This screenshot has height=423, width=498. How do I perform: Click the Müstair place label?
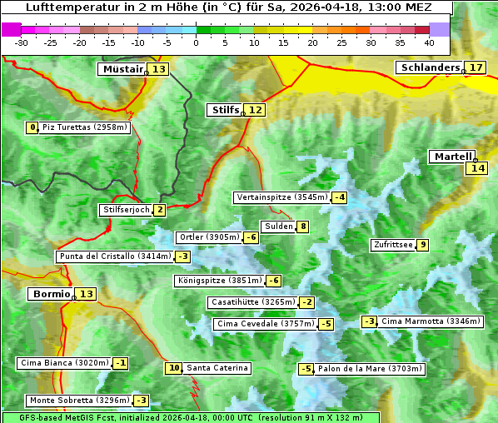coord(122,69)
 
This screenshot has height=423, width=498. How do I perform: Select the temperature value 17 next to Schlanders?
coord(476,67)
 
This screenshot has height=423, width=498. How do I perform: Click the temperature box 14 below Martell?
coord(476,168)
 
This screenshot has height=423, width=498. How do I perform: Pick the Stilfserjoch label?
coord(126,210)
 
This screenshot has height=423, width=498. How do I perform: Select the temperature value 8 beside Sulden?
coord(303,226)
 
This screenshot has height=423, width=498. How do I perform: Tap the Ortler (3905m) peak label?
coord(209,237)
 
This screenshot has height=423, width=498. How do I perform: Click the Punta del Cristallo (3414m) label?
coord(114,256)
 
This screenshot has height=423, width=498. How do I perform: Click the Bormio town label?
coord(51,294)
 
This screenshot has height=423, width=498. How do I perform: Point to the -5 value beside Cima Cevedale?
coord(326,324)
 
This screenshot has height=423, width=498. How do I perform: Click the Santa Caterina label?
coord(217,368)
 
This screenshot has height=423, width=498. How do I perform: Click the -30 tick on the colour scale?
coord(22,42)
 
